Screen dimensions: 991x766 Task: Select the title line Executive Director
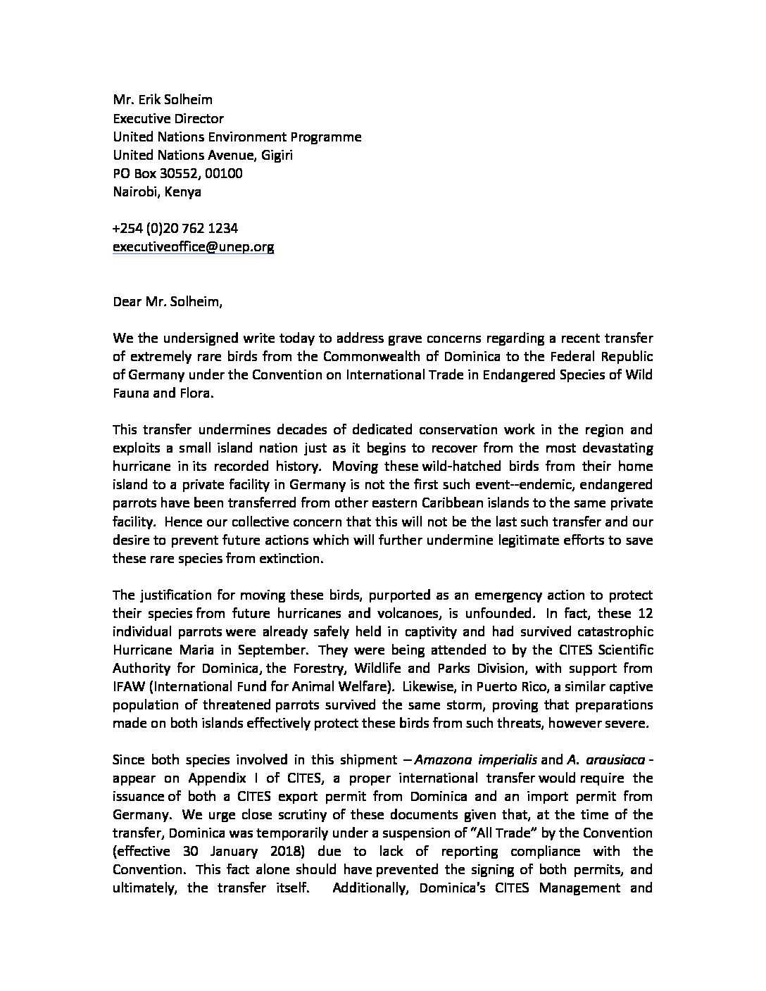168,118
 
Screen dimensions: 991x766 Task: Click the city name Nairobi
137,191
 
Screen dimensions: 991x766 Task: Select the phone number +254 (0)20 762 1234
175,228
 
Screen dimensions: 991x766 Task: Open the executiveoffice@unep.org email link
193,246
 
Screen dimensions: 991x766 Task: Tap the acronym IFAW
128,686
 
